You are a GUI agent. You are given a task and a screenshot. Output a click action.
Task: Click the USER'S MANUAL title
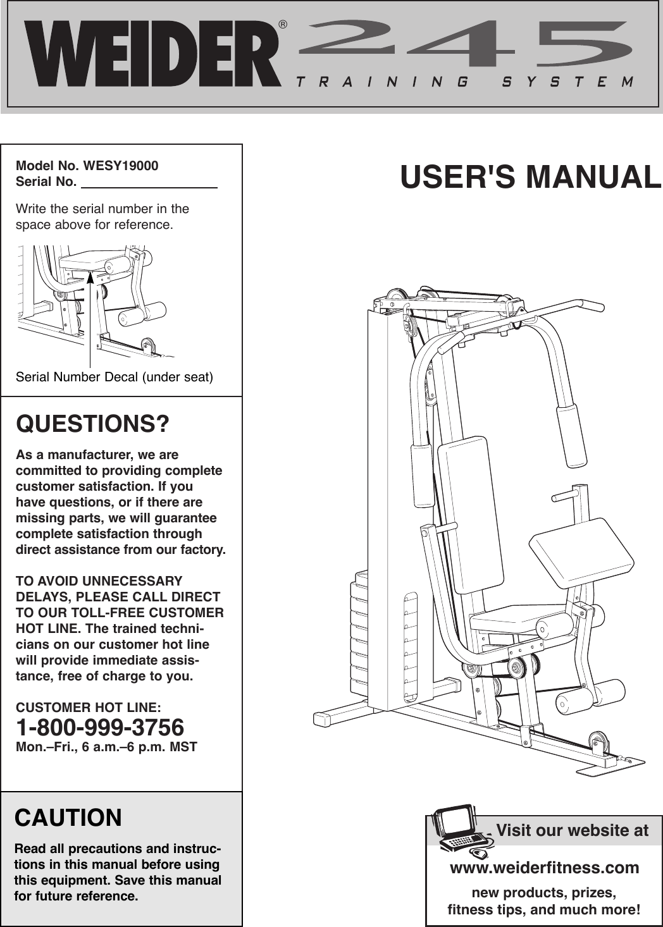(x=530, y=176)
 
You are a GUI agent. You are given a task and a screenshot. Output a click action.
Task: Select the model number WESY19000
(x=121, y=166)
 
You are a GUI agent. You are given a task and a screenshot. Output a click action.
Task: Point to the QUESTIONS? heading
(x=92, y=424)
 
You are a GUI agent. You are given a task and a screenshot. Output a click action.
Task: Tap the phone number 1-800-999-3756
(x=100, y=727)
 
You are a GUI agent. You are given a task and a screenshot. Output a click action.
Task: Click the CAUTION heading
(x=68, y=818)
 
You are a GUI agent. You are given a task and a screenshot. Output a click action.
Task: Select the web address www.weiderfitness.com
(x=544, y=868)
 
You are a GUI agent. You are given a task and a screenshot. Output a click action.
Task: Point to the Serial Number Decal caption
(x=114, y=378)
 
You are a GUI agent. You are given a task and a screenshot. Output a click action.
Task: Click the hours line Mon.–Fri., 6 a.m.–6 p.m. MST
(x=106, y=747)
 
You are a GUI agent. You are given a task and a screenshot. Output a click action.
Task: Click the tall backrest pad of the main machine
(x=470, y=515)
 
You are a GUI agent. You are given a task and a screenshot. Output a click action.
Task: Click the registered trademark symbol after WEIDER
(x=283, y=25)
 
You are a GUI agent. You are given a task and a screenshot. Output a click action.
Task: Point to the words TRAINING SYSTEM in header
(x=465, y=82)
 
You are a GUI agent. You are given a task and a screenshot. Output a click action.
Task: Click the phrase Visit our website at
(x=572, y=830)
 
